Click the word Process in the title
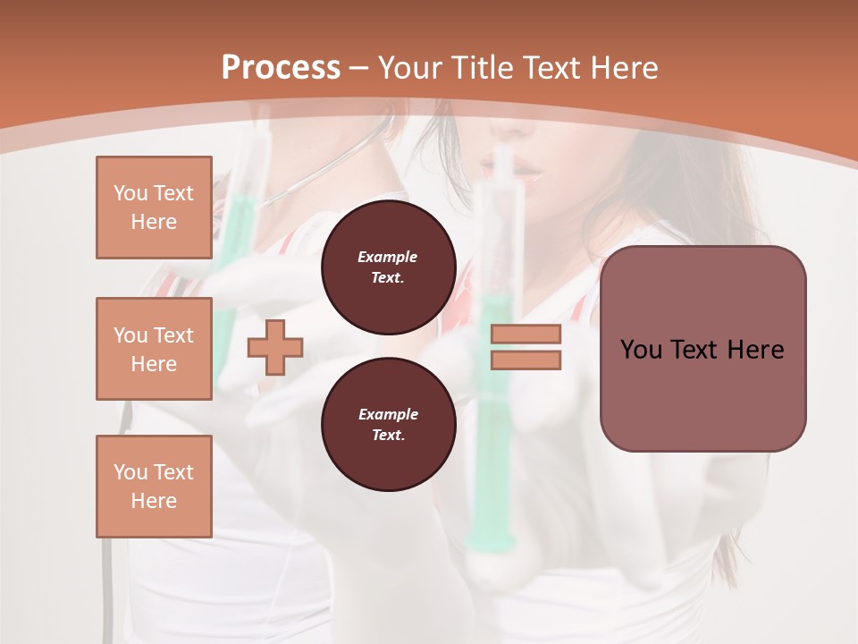click(x=281, y=68)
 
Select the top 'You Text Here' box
click(x=154, y=208)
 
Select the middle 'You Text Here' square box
click(x=154, y=349)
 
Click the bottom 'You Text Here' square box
click(x=154, y=487)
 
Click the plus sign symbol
click(x=275, y=347)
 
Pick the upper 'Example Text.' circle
click(x=388, y=267)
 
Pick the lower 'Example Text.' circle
click(x=388, y=424)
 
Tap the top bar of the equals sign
click(x=526, y=335)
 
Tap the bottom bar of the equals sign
click(x=526, y=360)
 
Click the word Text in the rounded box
click(x=694, y=350)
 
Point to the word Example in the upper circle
click(x=388, y=257)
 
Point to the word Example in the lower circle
click(x=388, y=414)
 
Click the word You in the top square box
click(x=130, y=193)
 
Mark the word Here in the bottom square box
click(x=154, y=501)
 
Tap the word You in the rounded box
click(x=641, y=350)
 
